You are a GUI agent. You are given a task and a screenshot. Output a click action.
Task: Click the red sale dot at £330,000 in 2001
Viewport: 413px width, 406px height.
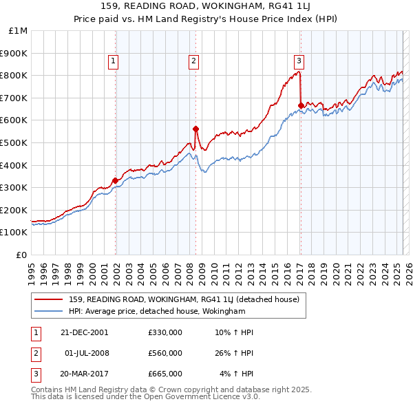[115, 181]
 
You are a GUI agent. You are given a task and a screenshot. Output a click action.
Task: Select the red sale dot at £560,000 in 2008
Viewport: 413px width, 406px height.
[195, 129]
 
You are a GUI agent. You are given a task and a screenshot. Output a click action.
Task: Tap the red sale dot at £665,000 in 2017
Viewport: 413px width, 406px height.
[301, 105]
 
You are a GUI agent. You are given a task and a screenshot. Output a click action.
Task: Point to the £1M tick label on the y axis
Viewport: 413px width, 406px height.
[19, 31]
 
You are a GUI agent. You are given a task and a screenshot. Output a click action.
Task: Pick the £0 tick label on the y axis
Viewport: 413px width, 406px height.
[22, 255]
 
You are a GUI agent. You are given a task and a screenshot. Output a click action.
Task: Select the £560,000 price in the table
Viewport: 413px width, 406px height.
[165, 353]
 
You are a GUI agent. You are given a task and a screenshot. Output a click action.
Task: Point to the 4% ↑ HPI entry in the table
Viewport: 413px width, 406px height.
[237, 374]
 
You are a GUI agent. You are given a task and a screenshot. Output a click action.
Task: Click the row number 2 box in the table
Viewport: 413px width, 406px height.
[34, 353]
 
